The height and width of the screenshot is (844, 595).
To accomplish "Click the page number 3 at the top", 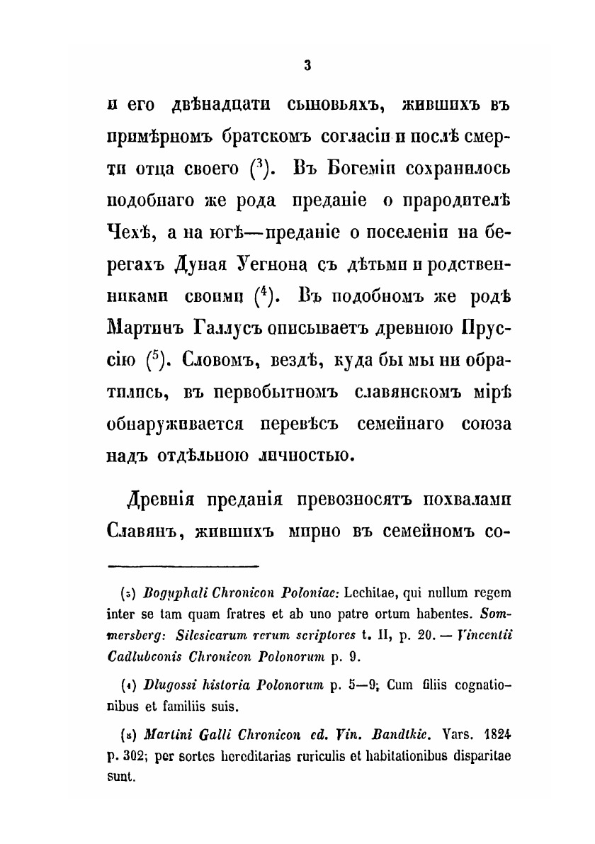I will tap(307, 65).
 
